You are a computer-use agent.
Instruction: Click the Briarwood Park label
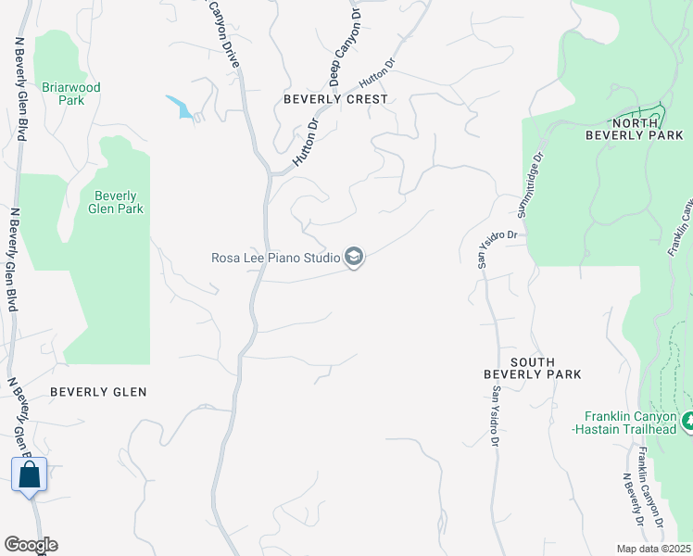tap(70, 94)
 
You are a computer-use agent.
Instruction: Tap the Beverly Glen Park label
tap(116, 202)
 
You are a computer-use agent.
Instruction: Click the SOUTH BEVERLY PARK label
tap(532, 368)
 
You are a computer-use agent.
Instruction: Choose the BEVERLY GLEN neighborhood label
tap(98, 392)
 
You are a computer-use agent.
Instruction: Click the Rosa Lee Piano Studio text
tap(275, 258)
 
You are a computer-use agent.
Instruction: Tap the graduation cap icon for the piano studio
tap(353, 257)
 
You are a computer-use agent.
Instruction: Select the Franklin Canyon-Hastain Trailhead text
tap(632, 423)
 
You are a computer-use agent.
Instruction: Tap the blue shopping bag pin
tap(30, 474)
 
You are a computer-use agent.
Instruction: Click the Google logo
tap(31, 545)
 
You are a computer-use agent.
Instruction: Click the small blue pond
tap(182, 107)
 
